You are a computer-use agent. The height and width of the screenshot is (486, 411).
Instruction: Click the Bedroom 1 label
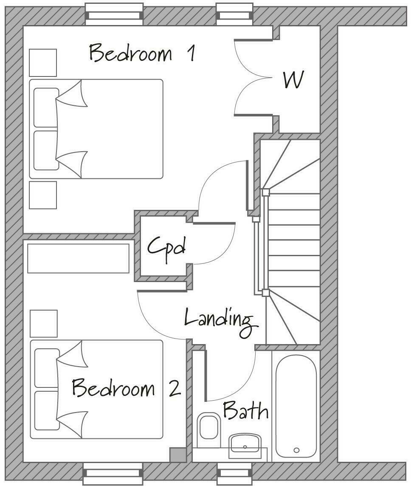pyautogui.click(x=142, y=54)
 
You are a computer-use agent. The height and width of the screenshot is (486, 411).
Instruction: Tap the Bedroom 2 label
pyautogui.click(x=126, y=388)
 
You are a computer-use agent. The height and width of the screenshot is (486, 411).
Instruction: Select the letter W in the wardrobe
pyautogui.click(x=294, y=80)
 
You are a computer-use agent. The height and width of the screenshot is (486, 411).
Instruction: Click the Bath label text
pyautogui.click(x=245, y=411)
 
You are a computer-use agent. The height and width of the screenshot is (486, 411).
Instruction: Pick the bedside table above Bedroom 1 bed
pyautogui.click(x=43, y=63)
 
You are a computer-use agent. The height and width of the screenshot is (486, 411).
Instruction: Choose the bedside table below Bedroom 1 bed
pyautogui.click(x=43, y=195)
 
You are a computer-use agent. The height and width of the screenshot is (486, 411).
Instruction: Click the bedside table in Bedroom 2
pyautogui.click(x=44, y=323)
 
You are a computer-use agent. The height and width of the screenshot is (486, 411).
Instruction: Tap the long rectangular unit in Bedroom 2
pyautogui.click(x=78, y=258)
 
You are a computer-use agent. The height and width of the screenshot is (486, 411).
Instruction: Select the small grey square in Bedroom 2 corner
pyautogui.click(x=177, y=455)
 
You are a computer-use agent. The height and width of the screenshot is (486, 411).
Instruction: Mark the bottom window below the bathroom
pyautogui.click(x=234, y=473)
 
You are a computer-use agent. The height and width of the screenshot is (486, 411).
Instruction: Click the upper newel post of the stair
pyautogui.click(x=265, y=192)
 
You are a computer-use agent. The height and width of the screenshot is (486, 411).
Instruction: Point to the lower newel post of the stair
pyautogui.click(x=265, y=292)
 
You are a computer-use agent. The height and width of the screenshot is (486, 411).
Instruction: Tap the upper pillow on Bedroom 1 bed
pyautogui.click(x=46, y=107)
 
